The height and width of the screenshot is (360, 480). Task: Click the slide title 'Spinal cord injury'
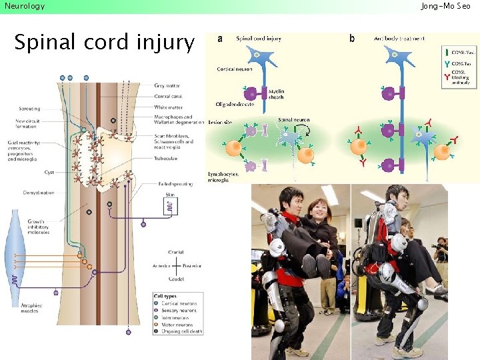(104, 43)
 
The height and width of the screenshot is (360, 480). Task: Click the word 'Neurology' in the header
(25, 6)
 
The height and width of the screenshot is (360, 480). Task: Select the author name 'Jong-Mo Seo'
(445, 6)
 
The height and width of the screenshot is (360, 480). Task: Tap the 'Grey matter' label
(167, 86)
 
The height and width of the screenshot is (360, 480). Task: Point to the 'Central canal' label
(168, 97)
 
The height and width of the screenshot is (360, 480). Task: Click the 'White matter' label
(167, 107)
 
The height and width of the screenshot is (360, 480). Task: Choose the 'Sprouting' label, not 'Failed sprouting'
(29, 109)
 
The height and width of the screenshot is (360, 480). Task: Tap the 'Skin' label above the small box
(170, 195)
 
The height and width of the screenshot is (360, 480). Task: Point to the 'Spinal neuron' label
(294, 120)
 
